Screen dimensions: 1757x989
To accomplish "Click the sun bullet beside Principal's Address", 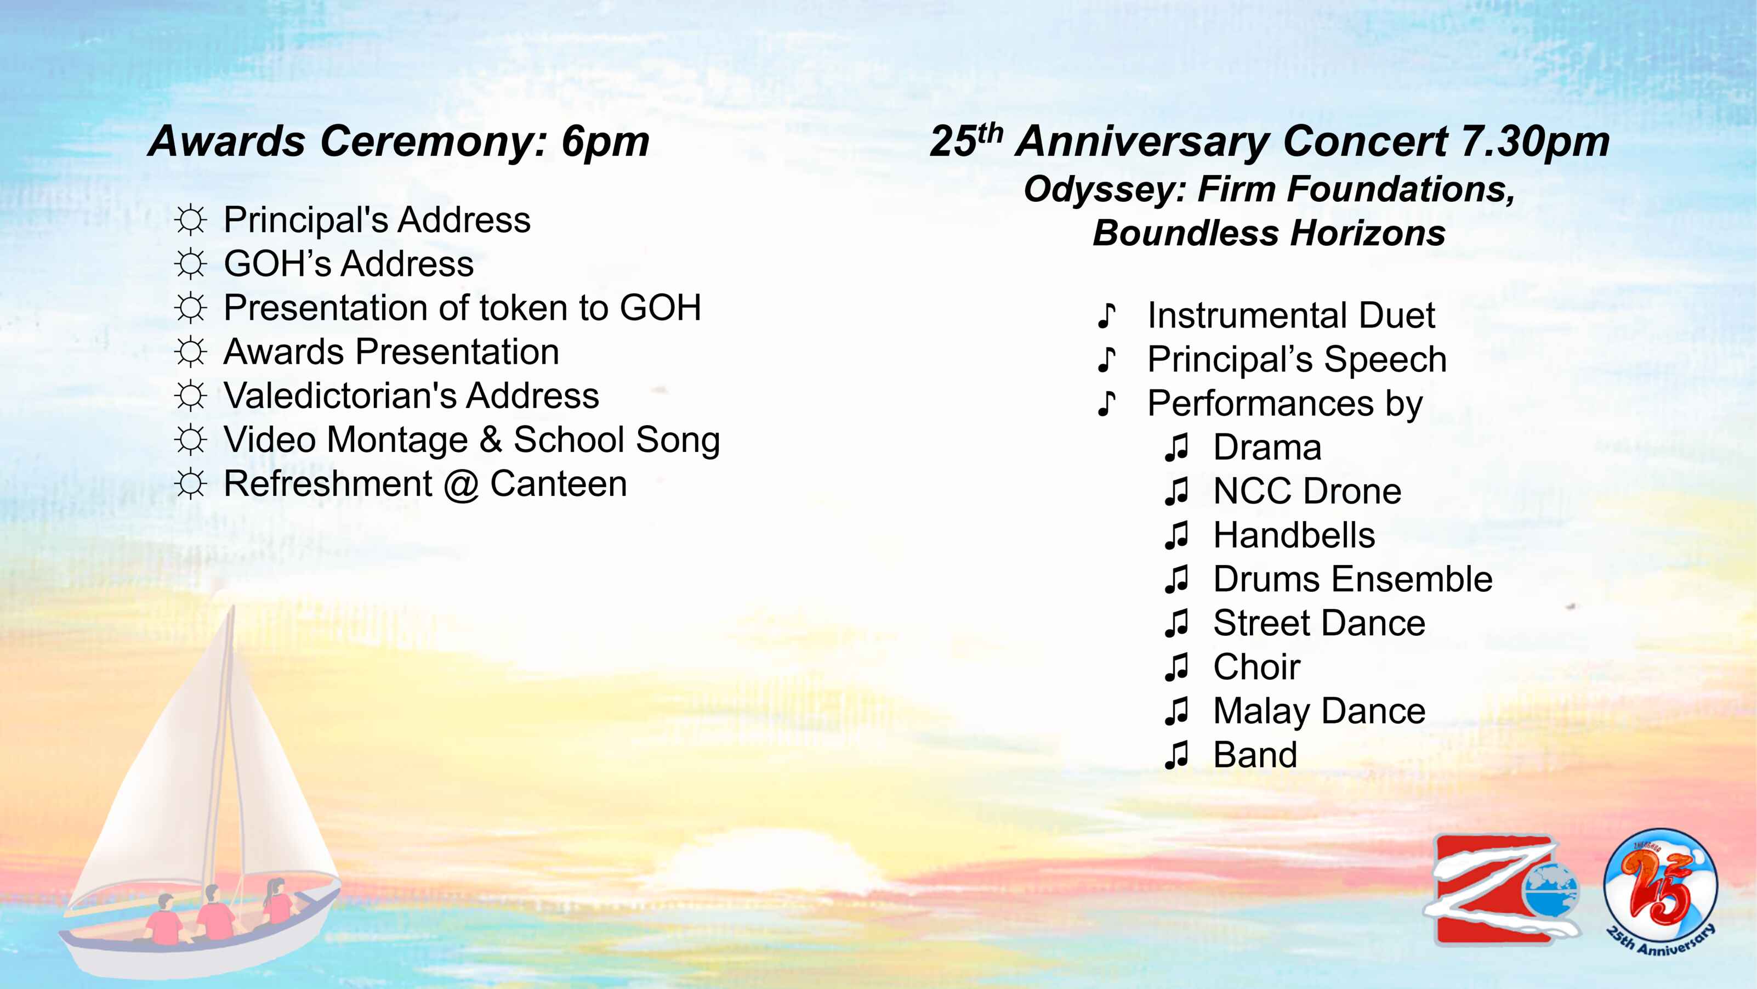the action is [x=190, y=220].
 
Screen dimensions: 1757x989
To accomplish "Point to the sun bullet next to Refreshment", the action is [x=190, y=484].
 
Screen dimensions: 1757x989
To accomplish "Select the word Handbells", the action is [x=1294, y=535].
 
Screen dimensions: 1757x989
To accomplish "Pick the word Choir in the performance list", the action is [x=1256, y=667].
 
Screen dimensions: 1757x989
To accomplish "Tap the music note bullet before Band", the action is [x=1176, y=755].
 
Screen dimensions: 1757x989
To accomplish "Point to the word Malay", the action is [x=1261, y=712].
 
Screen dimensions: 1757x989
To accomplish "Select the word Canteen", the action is [x=559, y=484].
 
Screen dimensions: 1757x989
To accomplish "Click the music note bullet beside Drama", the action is [x=1176, y=448].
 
